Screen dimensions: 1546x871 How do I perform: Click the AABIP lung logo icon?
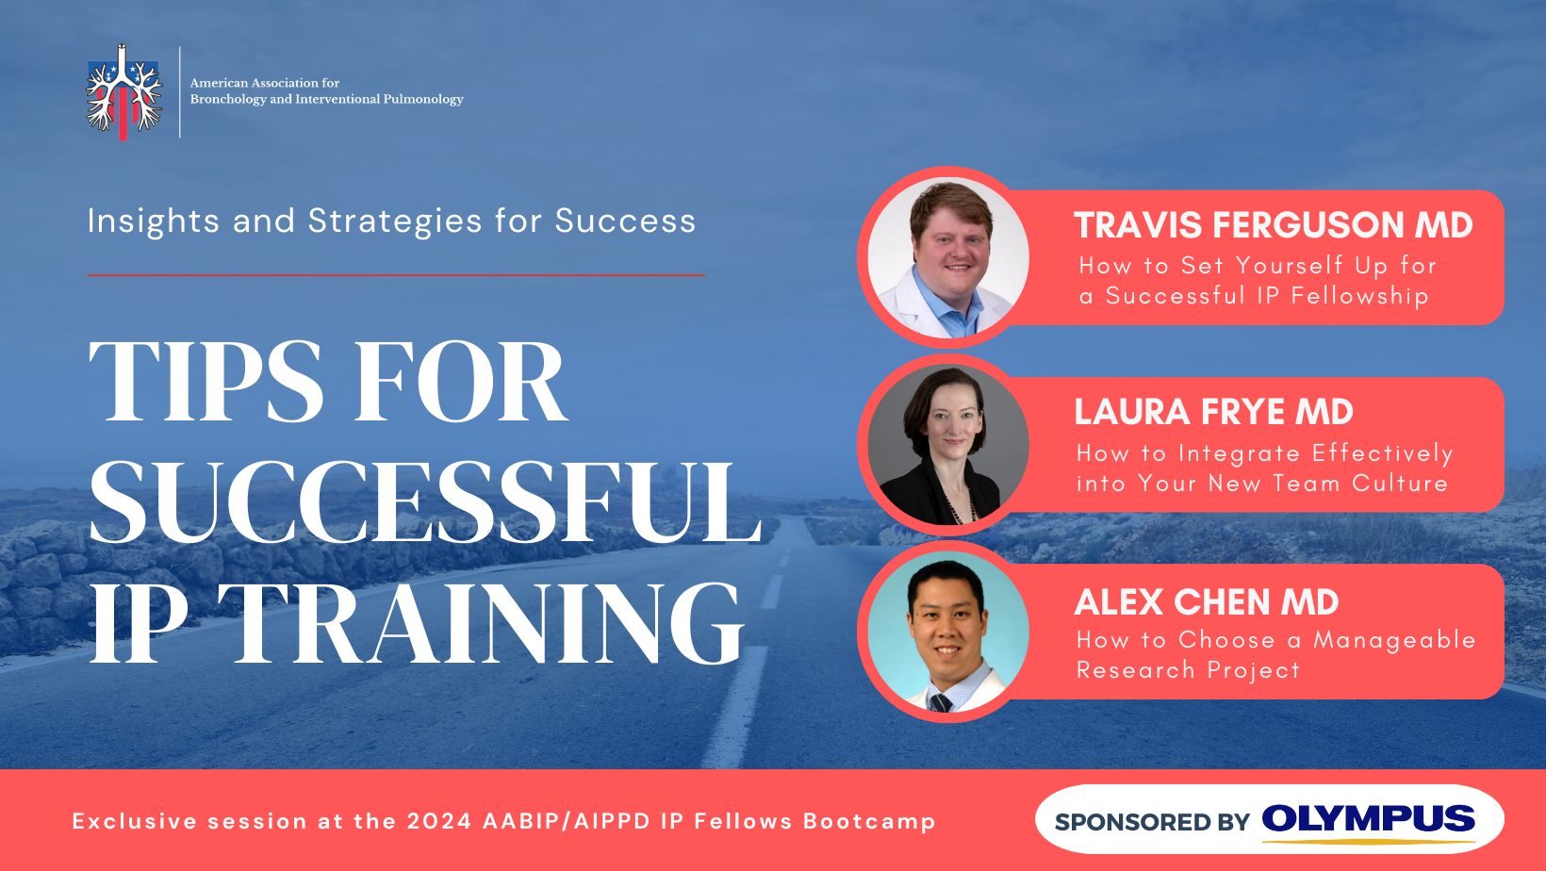(x=124, y=92)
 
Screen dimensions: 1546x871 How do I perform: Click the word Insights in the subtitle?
(x=153, y=222)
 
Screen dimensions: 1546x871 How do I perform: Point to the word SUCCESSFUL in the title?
(x=425, y=501)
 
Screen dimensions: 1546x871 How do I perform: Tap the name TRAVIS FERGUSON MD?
(x=1274, y=225)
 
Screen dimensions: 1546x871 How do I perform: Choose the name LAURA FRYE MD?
(x=1213, y=412)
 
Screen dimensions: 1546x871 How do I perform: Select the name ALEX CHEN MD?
(x=1207, y=601)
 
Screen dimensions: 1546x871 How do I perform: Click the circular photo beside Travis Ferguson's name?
(x=948, y=257)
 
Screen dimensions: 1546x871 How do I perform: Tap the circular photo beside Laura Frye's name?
(x=948, y=445)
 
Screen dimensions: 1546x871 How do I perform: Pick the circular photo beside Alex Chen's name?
(x=948, y=632)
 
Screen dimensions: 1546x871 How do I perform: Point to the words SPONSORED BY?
(x=1152, y=822)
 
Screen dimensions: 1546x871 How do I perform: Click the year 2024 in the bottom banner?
(x=439, y=821)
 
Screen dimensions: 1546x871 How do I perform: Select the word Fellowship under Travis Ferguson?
(x=1359, y=296)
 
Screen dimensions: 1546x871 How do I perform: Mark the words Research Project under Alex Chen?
(x=1188, y=670)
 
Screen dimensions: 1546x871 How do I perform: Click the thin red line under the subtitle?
(x=396, y=275)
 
